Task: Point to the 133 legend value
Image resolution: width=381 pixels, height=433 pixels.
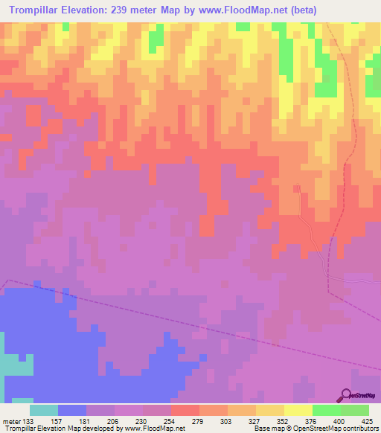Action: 29,420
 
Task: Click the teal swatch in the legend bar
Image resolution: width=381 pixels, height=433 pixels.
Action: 44,410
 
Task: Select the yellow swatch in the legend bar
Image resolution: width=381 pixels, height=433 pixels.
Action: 298,410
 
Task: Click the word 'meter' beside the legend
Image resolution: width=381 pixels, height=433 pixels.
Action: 11,420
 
